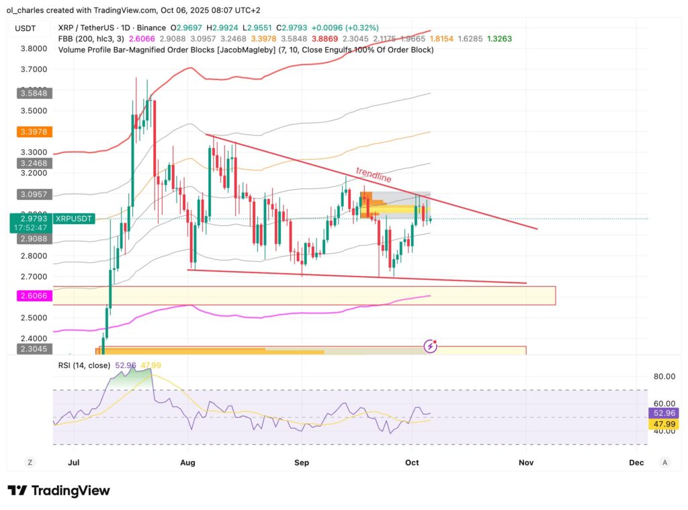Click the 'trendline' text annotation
[374, 176]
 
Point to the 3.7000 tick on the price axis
[34, 69]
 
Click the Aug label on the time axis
[188, 463]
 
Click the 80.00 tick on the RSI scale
[664, 377]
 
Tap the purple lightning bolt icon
[431, 346]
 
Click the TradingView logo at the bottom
[58, 490]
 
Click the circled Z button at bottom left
[30, 462]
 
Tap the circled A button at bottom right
[664, 462]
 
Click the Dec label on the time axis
[636, 463]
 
